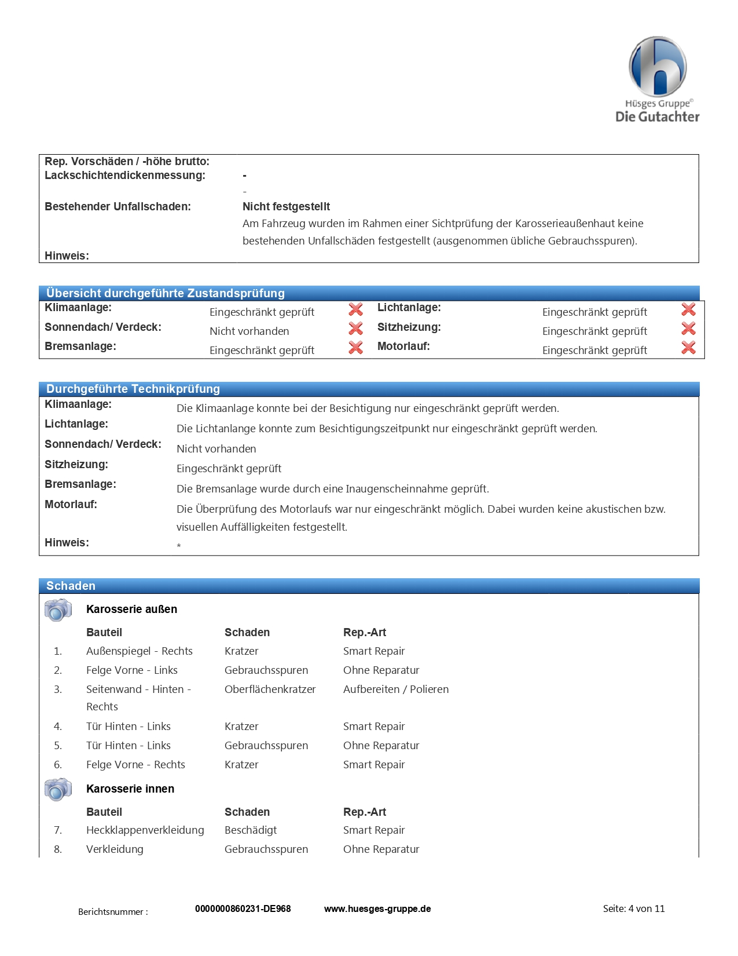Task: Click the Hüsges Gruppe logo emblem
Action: tap(658, 66)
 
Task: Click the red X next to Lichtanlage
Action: tap(688, 309)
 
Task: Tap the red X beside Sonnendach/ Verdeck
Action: tap(355, 329)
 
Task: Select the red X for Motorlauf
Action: tap(688, 348)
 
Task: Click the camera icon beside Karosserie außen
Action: tap(58, 610)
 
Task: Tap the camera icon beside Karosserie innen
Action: tap(58, 789)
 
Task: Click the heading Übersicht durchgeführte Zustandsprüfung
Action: tap(166, 293)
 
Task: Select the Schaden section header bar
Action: tap(369, 586)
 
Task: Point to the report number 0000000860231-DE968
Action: tap(243, 908)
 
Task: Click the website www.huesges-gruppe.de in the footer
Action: tap(377, 908)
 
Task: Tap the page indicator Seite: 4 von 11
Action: tap(634, 908)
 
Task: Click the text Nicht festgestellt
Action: tap(286, 207)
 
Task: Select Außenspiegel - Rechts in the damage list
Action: tap(139, 651)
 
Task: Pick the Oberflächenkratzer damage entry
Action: tap(270, 689)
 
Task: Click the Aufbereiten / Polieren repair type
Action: tap(396, 689)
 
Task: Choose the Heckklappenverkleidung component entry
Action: tap(145, 830)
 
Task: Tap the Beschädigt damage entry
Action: tap(251, 830)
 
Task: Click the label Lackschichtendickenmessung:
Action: tap(125, 176)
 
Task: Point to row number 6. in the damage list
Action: tap(58, 765)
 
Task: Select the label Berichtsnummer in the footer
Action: tap(113, 912)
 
